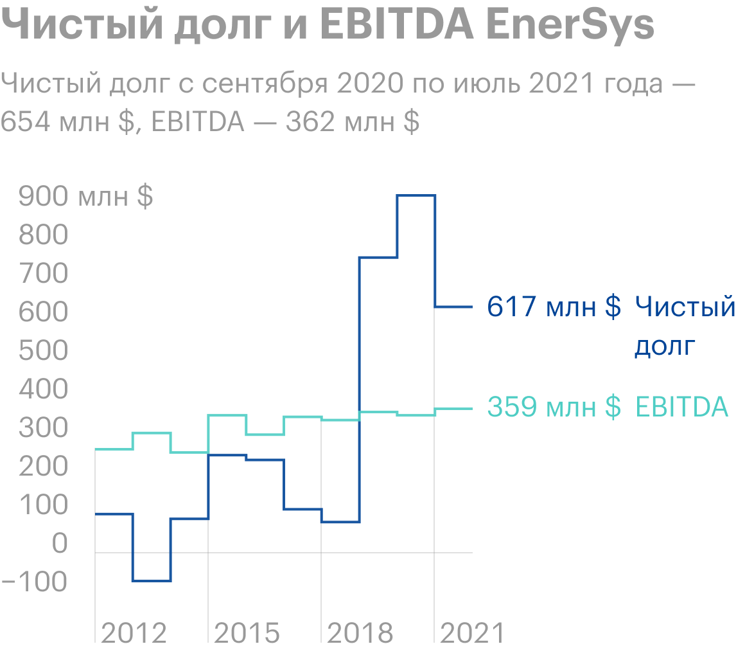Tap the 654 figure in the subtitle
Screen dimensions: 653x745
click(x=25, y=121)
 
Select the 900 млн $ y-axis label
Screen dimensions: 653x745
click(x=86, y=197)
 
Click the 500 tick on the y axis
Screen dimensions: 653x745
click(x=42, y=352)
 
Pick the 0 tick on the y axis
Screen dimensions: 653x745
click(x=58, y=544)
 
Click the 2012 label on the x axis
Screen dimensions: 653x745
click(x=134, y=634)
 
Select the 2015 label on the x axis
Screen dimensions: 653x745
click(x=247, y=634)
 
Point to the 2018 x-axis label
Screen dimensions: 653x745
click(x=360, y=634)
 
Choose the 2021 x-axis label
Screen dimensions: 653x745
click(x=472, y=634)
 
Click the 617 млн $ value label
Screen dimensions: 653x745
click(x=554, y=307)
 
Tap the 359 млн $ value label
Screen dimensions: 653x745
click(x=554, y=407)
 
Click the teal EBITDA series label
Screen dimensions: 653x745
click(x=682, y=407)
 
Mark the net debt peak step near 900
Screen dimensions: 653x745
click(x=416, y=195)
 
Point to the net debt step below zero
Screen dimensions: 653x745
click(x=152, y=580)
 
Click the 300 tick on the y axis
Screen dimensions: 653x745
click(x=42, y=429)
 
